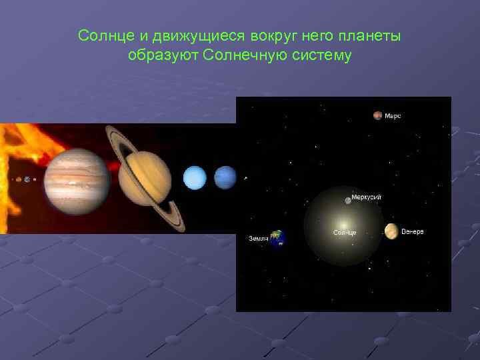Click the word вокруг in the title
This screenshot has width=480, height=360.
click(270, 35)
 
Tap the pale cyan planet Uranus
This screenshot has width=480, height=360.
click(195, 178)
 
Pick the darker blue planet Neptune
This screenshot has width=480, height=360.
click(225, 178)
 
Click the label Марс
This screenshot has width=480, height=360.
click(393, 116)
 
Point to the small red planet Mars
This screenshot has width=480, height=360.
click(378, 115)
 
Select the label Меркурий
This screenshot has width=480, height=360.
click(367, 198)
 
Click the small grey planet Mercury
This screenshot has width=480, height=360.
click(348, 201)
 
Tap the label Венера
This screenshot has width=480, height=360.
click(412, 231)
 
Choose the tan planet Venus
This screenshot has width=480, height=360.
click(391, 231)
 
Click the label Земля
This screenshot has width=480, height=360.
click(257, 238)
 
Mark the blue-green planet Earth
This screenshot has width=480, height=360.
click(277, 238)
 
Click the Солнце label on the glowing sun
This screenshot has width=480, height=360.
click(345, 233)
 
